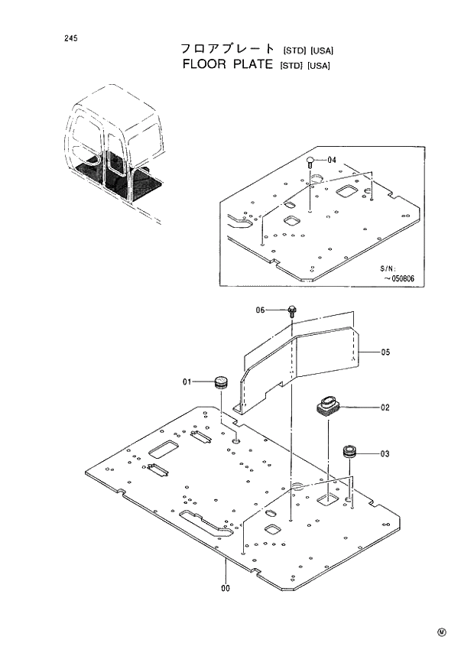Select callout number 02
[385, 408]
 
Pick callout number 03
[385, 453]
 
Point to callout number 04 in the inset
[332, 160]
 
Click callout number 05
[385, 352]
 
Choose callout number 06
[261, 310]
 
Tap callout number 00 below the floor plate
[226, 588]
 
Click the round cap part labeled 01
[222, 382]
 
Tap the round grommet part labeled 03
[351, 451]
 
